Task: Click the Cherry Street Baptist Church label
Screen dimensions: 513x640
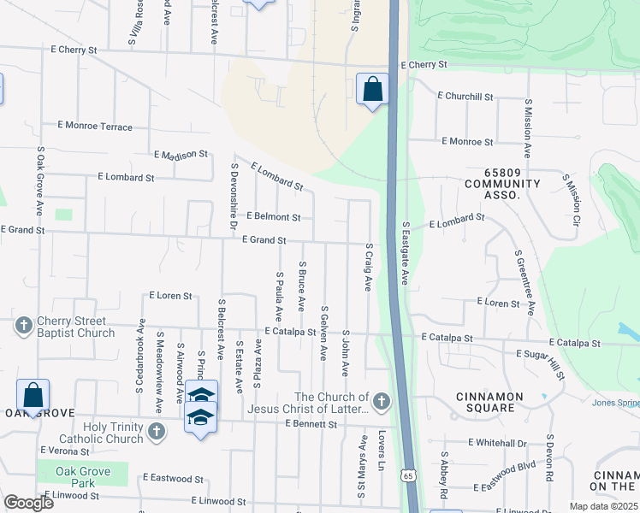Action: [75, 327]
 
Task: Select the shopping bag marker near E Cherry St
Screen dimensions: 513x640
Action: [372, 89]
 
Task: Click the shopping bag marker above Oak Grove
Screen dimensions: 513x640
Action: [33, 395]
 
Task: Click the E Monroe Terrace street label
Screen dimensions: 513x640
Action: [95, 127]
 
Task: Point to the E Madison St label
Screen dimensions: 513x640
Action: [181, 155]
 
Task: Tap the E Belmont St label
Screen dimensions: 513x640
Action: [272, 218]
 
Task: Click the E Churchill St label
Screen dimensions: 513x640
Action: [465, 97]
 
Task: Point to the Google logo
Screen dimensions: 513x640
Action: [28, 503]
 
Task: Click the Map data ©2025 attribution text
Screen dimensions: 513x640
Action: [603, 506]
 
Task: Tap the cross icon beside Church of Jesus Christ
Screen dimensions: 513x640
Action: [382, 400]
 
